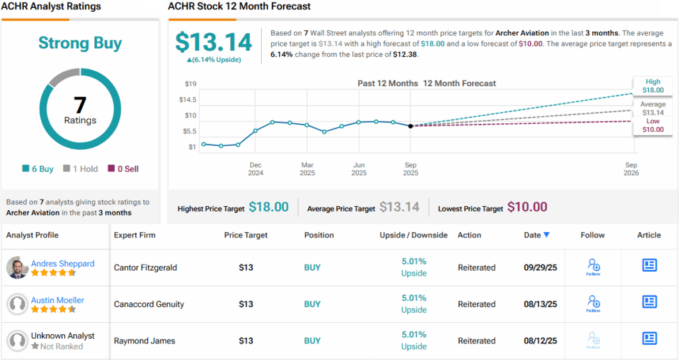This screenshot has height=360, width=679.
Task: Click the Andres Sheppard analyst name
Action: point(62,263)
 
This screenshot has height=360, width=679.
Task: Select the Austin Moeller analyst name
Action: point(58,300)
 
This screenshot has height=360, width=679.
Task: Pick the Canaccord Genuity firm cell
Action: point(149,304)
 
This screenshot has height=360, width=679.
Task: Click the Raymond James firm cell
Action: point(145,341)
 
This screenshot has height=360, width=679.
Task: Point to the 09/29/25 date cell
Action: point(540,268)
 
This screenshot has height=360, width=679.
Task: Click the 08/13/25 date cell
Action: point(540,304)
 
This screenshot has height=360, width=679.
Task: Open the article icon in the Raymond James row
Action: point(649,338)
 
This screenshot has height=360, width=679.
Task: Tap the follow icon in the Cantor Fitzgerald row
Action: point(593,267)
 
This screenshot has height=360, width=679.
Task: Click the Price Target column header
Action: point(246,235)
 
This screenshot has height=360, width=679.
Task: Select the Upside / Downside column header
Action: point(413,235)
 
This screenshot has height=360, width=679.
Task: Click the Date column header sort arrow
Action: point(546,235)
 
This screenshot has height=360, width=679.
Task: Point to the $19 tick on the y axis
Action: point(190,84)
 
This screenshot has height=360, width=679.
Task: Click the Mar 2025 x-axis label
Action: point(307,168)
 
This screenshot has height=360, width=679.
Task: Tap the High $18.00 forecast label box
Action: point(652,86)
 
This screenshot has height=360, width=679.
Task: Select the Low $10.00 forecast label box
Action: point(652,125)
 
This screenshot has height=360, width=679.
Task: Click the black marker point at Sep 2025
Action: point(410,125)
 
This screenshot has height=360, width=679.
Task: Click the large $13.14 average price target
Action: point(214,42)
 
